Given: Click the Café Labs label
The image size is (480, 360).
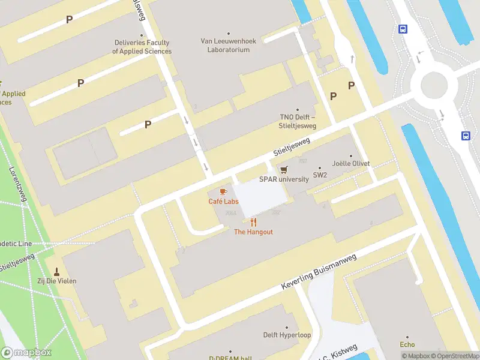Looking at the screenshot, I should [x=223, y=202].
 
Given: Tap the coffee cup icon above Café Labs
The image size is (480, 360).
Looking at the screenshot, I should [x=223, y=191].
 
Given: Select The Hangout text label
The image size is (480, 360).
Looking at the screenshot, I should [x=253, y=232].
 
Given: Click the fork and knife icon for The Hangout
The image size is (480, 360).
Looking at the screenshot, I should [x=253, y=222].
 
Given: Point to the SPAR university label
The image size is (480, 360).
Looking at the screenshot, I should [x=283, y=179].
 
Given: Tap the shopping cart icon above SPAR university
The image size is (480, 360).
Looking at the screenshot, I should [x=283, y=170].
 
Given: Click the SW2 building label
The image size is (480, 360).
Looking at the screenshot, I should [x=320, y=176].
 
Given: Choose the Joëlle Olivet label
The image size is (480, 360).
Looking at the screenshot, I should [x=351, y=163].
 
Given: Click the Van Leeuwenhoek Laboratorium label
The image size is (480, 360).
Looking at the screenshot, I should [x=228, y=46].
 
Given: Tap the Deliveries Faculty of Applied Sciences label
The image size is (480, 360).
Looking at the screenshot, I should [x=142, y=47].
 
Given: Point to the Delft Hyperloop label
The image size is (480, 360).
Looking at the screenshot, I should [x=287, y=335].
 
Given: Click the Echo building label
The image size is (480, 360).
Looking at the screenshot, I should [x=407, y=344].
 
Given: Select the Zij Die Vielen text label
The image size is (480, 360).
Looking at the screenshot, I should [x=58, y=281].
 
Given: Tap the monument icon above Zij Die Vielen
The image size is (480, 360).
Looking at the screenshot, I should [x=58, y=271].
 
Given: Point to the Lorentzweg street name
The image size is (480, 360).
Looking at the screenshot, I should [x=18, y=182].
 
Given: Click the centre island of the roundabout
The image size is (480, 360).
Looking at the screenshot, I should [x=434, y=85].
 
